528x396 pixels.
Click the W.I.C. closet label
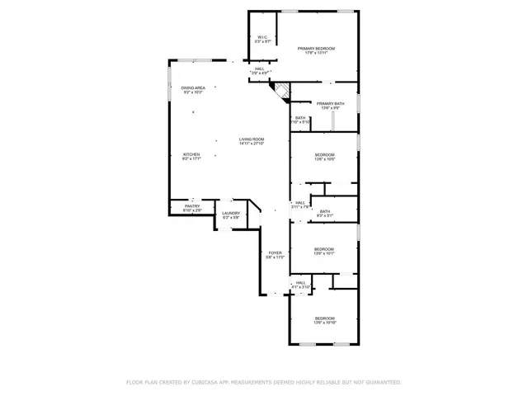pyautogui.click(x=262, y=37)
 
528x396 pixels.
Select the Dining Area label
pyautogui.click(x=193, y=87)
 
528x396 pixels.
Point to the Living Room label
pyautogui.click(x=252, y=139)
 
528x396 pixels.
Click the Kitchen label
pyautogui.click(x=191, y=154)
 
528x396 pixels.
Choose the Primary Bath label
pyautogui.click(x=324, y=103)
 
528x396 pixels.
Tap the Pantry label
pyautogui.click(x=192, y=206)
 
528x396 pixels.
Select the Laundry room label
pyautogui.click(x=231, y=214)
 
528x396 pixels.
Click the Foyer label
pyautogui.click(x=275, y=253)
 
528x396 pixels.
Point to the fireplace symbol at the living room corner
pyautogui.click(x=282, y=92)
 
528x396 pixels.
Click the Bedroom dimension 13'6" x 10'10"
pyautogui.click(x=324, y=323)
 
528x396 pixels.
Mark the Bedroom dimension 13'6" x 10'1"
pyautogui.click(x=323, y=253)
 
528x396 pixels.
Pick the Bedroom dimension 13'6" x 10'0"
pyautogui.click(x=324, y=159)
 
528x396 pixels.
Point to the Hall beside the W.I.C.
pyautogui.click(x=260, y=69)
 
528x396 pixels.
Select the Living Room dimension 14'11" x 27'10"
pyautogui.click(x=252, y=144)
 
